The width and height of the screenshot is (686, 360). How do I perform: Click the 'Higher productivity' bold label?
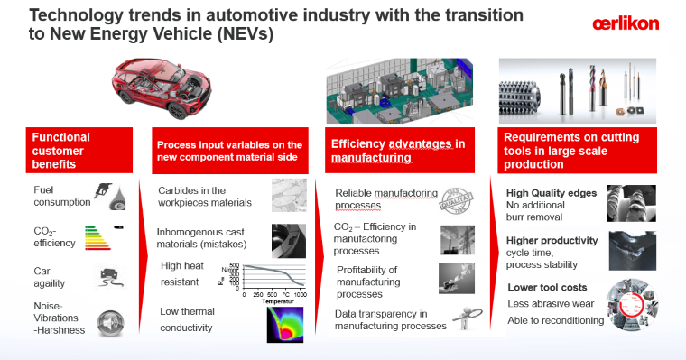pos(552,240)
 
